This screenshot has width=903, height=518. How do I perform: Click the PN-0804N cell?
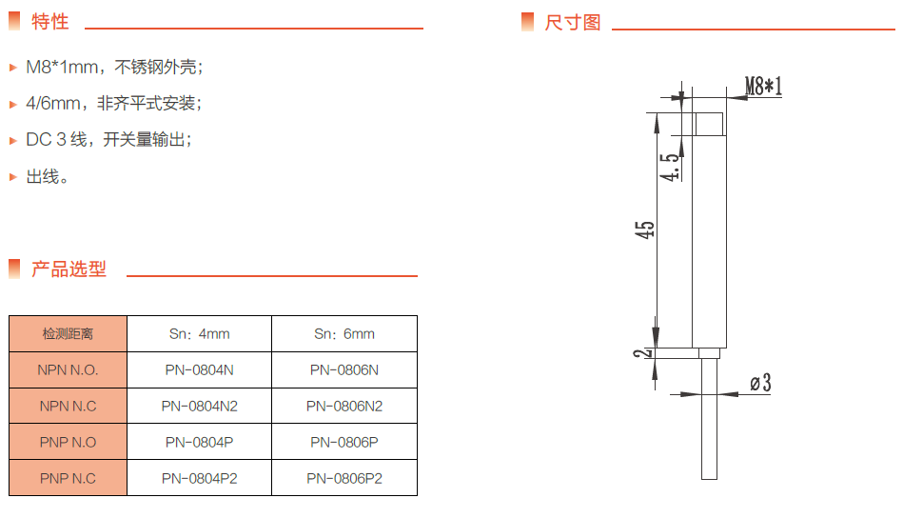[x=200, y=370]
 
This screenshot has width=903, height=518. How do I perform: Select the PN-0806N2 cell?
[x=344, y=407]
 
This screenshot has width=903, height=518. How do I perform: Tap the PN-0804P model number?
[x=200, y=443]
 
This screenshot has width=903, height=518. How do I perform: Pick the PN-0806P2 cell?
[x=344, y=479]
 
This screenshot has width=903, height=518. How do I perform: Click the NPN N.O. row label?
[x=68, y=370]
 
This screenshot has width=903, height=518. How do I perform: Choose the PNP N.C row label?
[x=68, y=479]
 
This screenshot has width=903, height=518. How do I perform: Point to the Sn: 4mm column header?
[x=200, y=334]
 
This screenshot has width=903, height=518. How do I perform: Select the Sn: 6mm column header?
[x=344, y=334]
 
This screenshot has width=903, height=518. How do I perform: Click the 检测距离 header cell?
[x=68, y=334]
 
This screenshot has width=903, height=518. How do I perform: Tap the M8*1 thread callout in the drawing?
[x=763, y=87]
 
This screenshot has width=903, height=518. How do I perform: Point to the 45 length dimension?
[x=646, y=229]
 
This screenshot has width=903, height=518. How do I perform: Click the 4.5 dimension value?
[x=671, y=168]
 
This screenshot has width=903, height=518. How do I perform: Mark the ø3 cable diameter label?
[x=759, y=384]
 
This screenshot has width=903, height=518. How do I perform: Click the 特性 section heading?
[x=49, y=22]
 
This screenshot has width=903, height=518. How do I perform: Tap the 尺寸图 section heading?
[x=572, y=22]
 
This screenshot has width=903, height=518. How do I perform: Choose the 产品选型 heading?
[x=69, y=269]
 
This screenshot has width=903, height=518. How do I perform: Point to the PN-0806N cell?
[x=344, y=370]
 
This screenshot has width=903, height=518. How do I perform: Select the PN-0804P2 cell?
[x=200, y=479]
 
